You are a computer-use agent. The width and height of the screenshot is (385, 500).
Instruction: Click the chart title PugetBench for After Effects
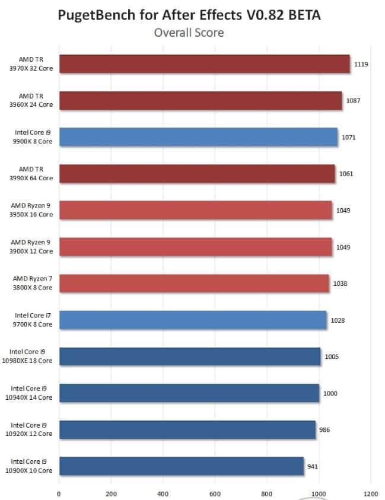189,15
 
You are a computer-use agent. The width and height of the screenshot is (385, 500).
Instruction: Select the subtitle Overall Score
189,33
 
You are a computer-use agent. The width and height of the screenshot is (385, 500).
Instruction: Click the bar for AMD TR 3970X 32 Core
205,64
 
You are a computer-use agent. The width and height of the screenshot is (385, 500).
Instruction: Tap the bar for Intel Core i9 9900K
198,137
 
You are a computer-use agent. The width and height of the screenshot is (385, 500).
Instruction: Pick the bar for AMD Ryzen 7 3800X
194,284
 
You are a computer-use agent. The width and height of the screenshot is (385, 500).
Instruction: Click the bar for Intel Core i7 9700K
193,320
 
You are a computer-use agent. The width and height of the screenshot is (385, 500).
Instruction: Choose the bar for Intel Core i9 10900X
182,466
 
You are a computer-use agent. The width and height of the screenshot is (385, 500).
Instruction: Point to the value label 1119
361,64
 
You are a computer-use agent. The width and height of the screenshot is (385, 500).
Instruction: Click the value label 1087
353,101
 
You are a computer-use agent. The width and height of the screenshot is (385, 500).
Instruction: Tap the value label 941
313,466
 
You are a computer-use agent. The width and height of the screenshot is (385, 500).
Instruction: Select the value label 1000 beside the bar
330,393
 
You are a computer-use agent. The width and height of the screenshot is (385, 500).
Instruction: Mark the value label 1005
332,357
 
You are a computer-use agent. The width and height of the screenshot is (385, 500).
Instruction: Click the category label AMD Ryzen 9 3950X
31,210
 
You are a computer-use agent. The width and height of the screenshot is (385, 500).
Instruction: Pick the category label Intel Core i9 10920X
31,429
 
